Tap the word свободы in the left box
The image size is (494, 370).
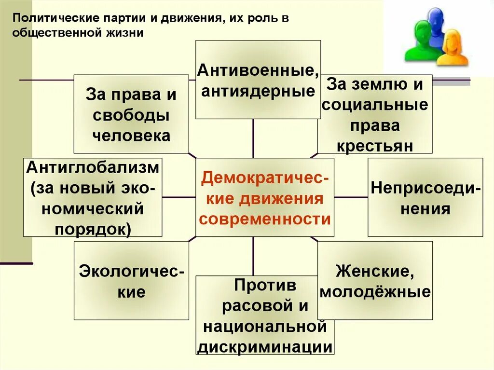(131, 116)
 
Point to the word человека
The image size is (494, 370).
(131, 136)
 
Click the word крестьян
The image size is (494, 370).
(375, 146)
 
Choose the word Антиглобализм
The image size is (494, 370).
(93, 168)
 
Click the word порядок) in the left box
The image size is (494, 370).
(93, 229)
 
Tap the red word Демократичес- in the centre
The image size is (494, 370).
(265, 178)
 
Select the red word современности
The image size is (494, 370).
(265, 219)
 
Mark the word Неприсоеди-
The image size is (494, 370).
(425, 188)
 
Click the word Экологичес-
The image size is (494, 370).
(131, 271)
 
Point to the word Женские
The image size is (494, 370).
(375, 271)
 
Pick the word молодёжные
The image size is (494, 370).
(375, 292)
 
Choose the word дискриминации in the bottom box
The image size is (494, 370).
(265, 347)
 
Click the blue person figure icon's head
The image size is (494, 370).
(435, 17)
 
